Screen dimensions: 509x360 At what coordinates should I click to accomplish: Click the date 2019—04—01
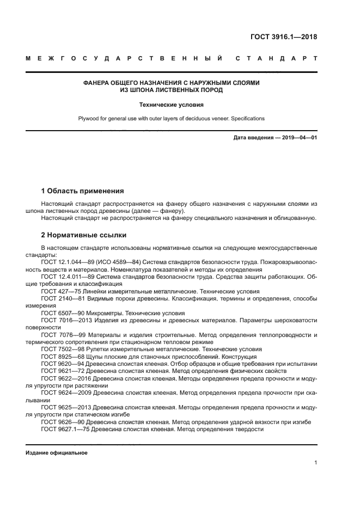(x=297, y=138)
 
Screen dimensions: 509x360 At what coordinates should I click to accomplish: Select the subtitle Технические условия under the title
(x=170, y=104)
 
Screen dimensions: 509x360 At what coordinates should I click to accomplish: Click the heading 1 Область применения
(x=82, y=191)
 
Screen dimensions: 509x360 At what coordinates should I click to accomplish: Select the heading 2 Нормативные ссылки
(x=84, y=235)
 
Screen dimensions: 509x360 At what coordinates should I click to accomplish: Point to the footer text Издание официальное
(x=57, y=453)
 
